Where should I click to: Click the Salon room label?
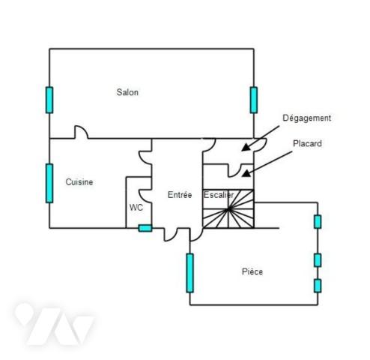click(127, 92)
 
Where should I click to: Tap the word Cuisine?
click(79, 182)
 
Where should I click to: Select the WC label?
click(136, 208)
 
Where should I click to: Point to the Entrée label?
click(180, 195)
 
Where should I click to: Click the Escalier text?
click(219, 195)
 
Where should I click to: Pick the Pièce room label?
click(252, 271)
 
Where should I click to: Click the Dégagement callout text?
click(307, 118)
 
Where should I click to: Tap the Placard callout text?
click(307, 143)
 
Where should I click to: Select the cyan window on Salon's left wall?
click(49, 100)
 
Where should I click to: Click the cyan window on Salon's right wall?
click(254, 100)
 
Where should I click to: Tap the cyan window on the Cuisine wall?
click(49, 183)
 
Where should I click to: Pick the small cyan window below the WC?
click(145, 228)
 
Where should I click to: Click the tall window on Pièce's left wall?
click(190, 273)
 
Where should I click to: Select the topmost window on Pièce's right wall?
click(318, 222)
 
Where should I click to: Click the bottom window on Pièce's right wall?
click(318, 286)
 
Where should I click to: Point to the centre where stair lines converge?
click(228, 209)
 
